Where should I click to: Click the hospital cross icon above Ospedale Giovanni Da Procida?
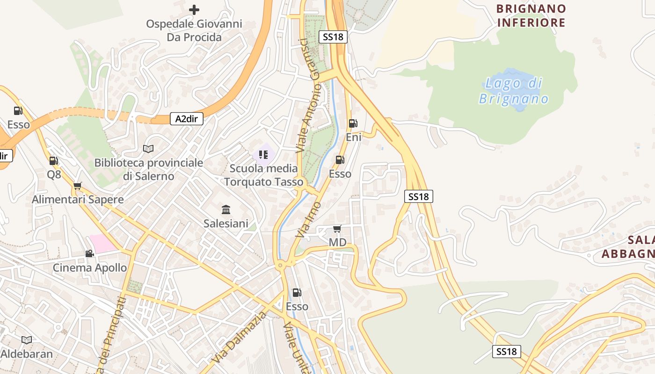click(194, 9)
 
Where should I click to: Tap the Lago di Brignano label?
click(514, 91)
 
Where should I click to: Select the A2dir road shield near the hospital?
click(186, 119)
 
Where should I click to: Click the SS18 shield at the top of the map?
click(333, 37)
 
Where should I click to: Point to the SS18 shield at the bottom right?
click(506, 352)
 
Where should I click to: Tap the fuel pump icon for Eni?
click(353, 123)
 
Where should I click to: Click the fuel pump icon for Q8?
click(54, 161)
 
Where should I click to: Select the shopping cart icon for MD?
click(337, 229)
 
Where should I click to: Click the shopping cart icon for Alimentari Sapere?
click(78, 186)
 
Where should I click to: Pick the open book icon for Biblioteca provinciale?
click(148, 149)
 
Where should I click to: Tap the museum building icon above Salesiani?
click(226, 209)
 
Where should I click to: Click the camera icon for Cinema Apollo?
click(89, 253)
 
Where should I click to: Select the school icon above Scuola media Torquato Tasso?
click(263, 154)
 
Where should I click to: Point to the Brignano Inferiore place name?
click(531, 15)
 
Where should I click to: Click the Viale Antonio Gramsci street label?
click(308, 96)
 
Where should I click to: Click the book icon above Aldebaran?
click(27, 340)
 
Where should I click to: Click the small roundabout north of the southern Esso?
click(280, 266)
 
